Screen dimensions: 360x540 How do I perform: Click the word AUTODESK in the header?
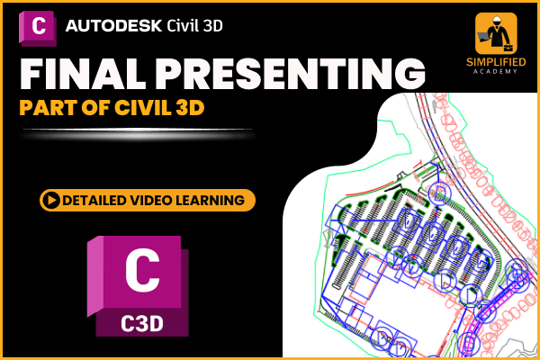pos(115,24)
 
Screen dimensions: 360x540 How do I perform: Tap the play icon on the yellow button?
pos(52,199)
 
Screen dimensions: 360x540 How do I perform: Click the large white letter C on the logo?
pos(142,271)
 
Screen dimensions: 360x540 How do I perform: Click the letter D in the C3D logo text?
pos(158,319)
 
